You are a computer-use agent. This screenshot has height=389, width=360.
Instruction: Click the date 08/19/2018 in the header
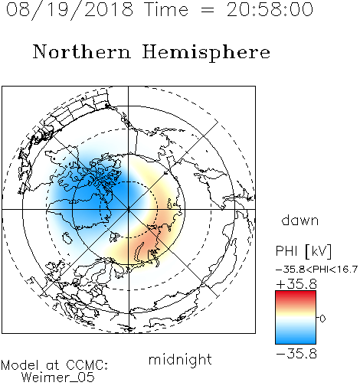pyautogui.click(x=70, y=9)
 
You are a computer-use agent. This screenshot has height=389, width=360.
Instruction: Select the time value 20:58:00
pyautogui.click(x=270, y=9)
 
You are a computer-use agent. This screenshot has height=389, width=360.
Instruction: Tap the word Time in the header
pyautogui.click(x=166, y=9)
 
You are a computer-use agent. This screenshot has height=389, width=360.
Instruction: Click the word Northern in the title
pyautogui.click(x=82, y=51)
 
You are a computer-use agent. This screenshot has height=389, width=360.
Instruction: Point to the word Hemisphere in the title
pyautogui.click(x=206, y=53)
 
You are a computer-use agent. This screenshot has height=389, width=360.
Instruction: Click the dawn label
pyautogui.click(x=300, y=220)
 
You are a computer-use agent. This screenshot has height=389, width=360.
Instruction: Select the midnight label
pyautogui.click(x=180, y=359)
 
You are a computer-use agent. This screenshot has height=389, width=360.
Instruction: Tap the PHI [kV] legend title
pyautogui.click(x=303, y=251)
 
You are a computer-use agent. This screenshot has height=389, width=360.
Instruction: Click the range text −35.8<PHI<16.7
pyautogui.click(x=316, y=270)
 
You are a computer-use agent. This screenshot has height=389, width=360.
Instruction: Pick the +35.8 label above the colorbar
pyautogui.click(x=296, y=284)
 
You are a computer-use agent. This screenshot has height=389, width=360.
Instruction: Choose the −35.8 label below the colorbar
pyautogui.click(x=296, y=354)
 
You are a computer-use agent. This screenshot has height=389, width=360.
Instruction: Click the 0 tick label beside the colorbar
pyautogui.click(x=322, y=319)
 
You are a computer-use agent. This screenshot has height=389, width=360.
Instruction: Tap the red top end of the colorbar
pyautogui.click(x=296, y=293)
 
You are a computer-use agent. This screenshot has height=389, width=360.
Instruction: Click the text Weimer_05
pyautogui.click(x=57, y=378)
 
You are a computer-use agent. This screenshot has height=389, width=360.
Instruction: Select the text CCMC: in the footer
pyautogui.click(x=87, y=365)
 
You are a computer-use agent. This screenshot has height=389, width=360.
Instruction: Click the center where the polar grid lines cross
pyautogui.click(x=129, y=209)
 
